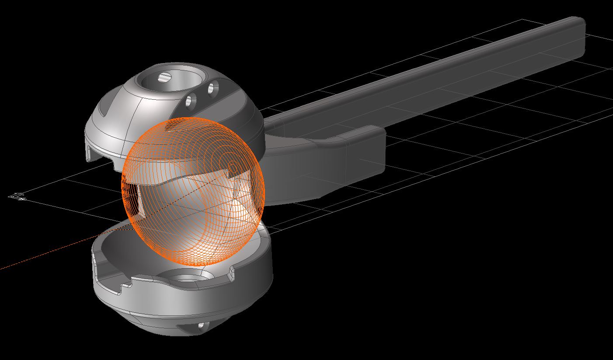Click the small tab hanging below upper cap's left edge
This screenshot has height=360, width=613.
91,153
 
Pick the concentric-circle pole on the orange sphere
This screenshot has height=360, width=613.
233,166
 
